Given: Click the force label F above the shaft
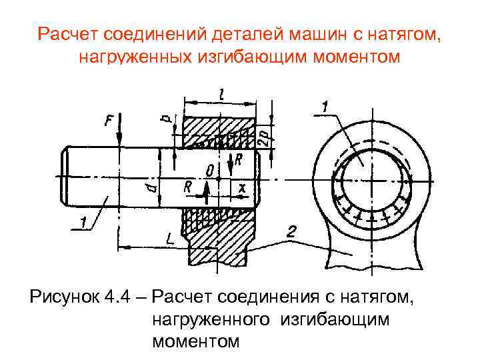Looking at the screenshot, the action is (x=109, y=121).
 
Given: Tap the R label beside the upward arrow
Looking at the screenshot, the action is (x=188, y=189).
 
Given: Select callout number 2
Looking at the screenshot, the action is (x=291, y=232).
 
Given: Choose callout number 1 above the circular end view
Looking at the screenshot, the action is (x=325, y=106).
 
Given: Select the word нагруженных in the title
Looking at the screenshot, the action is (x=135, y=57).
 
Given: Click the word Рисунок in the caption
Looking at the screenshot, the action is (x=61, y=294).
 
